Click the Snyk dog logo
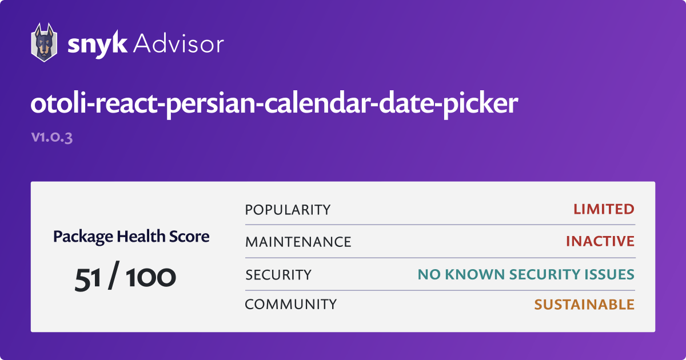click(x=44, y=42)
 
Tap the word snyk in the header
click(x=97, y=45)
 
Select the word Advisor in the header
click(x=178, y=44)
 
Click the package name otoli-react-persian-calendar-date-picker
click(x=274, y=104)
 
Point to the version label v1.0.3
click(x=52, y=137)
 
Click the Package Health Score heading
click(x=131, y=237)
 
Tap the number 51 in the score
click(x=87, y=278)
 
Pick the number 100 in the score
click(x=151, y=277)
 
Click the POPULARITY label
click(x=288, y=210)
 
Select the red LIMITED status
click(x=604, y=209)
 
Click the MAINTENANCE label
click(x=298, y=242)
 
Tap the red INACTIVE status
click(x=600, y=241)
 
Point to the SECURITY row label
click(x=278, y=275)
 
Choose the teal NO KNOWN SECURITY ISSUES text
click(x=526, y=274)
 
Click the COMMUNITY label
click(x=290, y=304)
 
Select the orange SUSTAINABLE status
click(x=584, y=305)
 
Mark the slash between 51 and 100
click(x=114, y=275)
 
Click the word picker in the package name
click(x=481, y=105)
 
